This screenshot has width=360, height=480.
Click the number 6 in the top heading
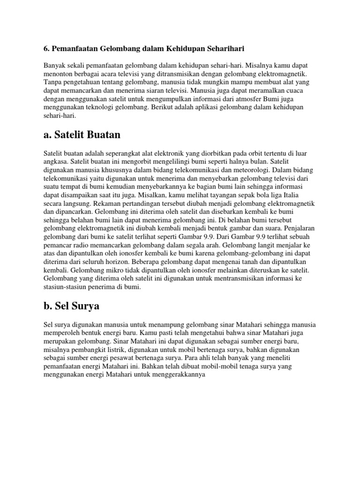pyautogui.click(x=46, y=48)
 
